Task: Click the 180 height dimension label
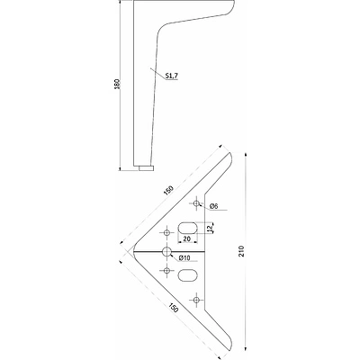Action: coord(118,85)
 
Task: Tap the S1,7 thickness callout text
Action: coord(172,76)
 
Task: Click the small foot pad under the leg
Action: coord(147,168)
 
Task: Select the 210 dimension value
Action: coord(242,251)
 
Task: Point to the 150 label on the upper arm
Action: coord(168,191)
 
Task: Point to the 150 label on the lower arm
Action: coord(174,308)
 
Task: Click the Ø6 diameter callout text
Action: coord(213,206)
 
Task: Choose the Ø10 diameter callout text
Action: coord(184,257)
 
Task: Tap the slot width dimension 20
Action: coord(187,238)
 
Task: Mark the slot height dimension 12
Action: coord(210,229)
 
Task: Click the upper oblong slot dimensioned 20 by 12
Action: coord(188,228)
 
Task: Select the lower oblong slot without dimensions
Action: coord(188,275)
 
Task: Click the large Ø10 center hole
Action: coord(166,251)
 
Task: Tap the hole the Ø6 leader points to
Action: coord(196,203)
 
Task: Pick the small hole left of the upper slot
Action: coord(166,232)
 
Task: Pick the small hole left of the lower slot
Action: coord(166,270)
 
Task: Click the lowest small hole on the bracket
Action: coord(196,300)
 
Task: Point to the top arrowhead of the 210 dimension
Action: coord(247,155)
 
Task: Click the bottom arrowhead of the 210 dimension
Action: coord(247,348)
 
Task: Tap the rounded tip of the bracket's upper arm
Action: coord(230,156)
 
